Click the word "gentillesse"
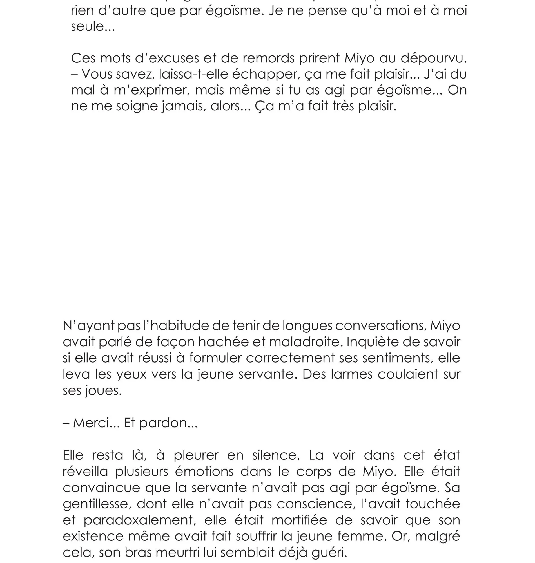[97, 504]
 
